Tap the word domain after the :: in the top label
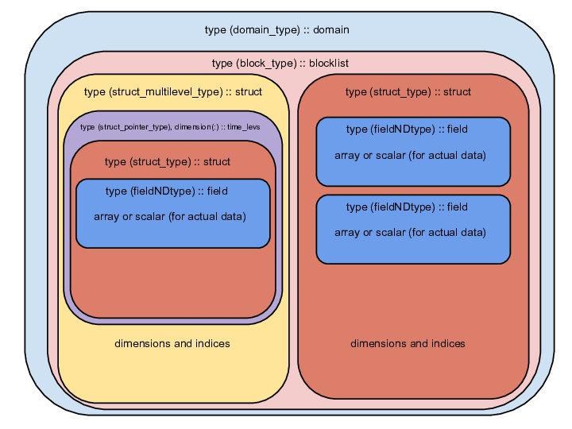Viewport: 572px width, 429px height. pyautogui.click(x=331, y=30)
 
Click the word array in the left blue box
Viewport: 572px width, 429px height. pyautogui.click(x=106, y=217)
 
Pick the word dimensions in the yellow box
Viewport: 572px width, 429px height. pyautogui.click(x=143, y=344)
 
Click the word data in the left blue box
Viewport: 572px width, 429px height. pyautogui.click(x=234, y=217)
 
